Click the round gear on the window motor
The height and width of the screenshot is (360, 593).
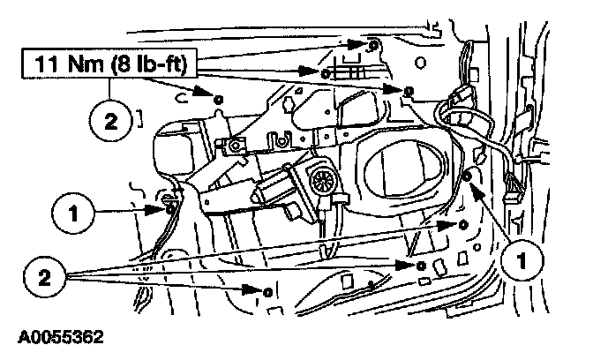[320, 182]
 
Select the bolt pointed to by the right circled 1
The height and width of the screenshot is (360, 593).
[469, 179]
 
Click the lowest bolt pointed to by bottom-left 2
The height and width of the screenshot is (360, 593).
[266, 290]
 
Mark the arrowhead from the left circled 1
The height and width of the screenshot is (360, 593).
[159, 207]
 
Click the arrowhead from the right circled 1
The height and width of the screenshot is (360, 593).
[474, 186]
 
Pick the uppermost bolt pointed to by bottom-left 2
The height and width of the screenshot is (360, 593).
[463, 226]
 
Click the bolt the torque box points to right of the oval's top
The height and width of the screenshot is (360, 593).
[409, 91]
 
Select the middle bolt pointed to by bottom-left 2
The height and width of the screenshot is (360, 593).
[421, 265]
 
